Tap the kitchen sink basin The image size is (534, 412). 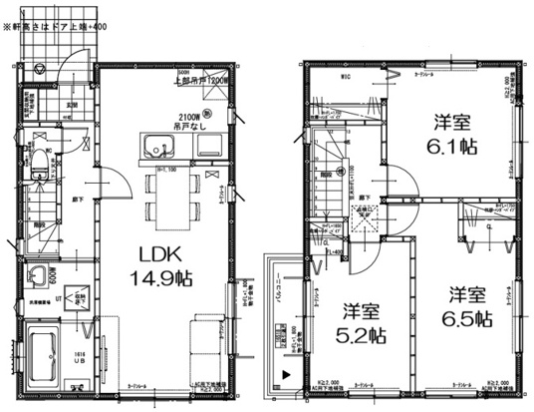pyautogui.click(x=156, y=152)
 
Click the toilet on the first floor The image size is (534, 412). pyautogui.click(x=38, y=166)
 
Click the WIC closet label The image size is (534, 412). pyautogui.click(x=346, y=76)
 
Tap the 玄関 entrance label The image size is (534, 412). pyautogui.click(x=73, y=104)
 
